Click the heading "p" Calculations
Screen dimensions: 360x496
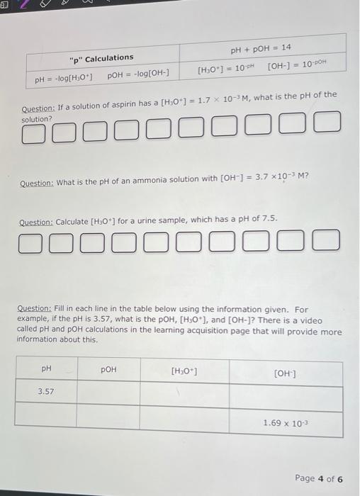(x=101, y=57)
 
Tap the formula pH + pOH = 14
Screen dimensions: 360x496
(x=261, y=47)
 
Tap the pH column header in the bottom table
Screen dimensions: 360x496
(x=46, y=369)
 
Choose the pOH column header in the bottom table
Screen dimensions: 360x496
(x=108, y=370)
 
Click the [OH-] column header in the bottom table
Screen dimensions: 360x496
(x=285, y=373)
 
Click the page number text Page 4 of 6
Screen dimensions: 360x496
(x=318, y=478)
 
